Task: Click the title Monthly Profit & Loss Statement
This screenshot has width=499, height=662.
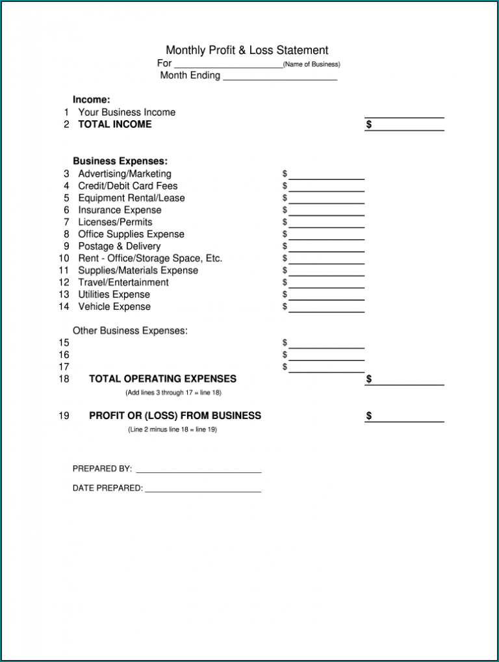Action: click(x=247, y=50)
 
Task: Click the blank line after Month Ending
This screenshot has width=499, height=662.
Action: click(x=280, y=76)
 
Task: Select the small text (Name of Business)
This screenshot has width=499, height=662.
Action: click(x=312, y=64)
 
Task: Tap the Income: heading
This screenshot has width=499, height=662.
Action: click(x=91, y=100)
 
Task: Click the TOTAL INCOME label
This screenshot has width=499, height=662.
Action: click(x=114, y=124)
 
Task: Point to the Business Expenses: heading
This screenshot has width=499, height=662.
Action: click(x=120, y=161)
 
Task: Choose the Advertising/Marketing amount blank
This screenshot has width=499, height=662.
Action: click(x=326, y=175)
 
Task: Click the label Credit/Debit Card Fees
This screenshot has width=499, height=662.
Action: click(x=128, y=186)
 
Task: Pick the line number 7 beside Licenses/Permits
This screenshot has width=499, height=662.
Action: click(x=66, y=222)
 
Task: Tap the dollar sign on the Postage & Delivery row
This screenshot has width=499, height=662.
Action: click(x=285, y=246)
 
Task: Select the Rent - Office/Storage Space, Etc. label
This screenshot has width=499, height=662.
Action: click(x=150, y=259)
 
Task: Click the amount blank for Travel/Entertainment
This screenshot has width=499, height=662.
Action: click(x=326, y=283)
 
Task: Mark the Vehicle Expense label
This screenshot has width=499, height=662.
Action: click(x=114, y=307)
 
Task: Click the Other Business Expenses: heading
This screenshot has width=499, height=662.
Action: click(x=130, y=331)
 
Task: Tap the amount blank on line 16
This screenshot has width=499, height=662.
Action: click(x=326, y=355)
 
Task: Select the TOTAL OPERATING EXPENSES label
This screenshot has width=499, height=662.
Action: click(x=162, y=379)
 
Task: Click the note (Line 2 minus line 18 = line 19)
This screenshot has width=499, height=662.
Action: click(x=172, y=429)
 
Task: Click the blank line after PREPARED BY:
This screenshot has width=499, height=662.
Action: click(x=198, y=469)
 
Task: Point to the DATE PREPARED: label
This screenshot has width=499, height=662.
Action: click(x=107, y=489)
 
